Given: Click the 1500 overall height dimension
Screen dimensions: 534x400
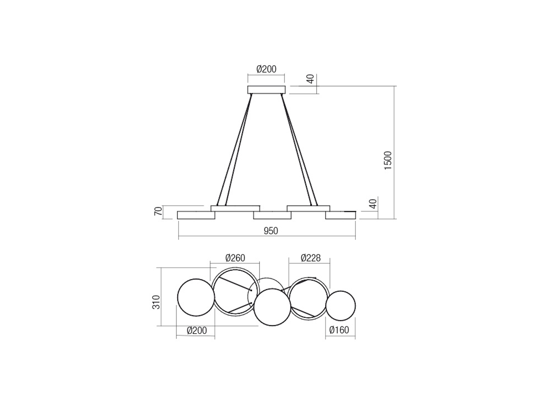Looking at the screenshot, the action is pos(388,160).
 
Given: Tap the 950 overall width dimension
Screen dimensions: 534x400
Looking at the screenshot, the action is pos(271,231).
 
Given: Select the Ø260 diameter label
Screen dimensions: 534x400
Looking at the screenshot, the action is pos(235,258).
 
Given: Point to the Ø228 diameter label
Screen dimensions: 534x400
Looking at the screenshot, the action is pos(311,258).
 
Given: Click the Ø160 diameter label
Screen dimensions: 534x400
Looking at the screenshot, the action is pos(339,330).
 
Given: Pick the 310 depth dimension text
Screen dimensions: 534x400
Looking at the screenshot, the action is pos(157,302).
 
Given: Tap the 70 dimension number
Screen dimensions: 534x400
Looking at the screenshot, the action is pos(158,211).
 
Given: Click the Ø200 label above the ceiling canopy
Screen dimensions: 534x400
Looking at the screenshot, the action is pos(266,69).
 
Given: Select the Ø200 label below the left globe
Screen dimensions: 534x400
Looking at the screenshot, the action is pos(197,330).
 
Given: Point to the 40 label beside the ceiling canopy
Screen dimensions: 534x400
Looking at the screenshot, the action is pos(311,79).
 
